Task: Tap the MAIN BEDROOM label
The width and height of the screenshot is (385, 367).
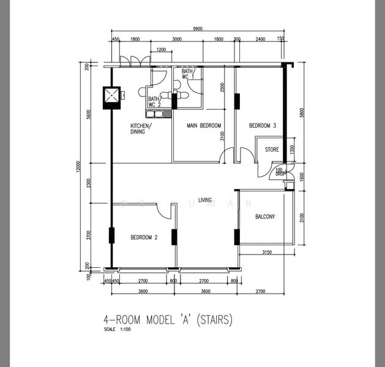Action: click(204, 125)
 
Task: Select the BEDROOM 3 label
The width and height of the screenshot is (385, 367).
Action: click(263, 125)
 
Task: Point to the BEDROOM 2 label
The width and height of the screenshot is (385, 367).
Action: click(144, 237)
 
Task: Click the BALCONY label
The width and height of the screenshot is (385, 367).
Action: click(265, 217)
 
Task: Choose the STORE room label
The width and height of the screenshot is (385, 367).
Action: click(272, 149)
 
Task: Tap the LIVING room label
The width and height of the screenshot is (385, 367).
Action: click(205, 200)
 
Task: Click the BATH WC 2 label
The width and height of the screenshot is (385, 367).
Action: click(154, 102)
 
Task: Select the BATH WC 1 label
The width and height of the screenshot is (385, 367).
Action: click(187, 74)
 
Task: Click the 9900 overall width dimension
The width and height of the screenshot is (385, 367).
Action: click(197, 29)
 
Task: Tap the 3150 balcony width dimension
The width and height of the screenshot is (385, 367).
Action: click(267, 252)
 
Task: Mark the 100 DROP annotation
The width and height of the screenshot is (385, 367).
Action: click(280, 172)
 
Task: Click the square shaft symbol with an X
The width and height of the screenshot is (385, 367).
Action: click(111, 97)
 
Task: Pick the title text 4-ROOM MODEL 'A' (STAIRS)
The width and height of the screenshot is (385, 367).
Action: click(168, 320)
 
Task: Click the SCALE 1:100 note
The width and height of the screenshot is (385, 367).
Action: click(118, 330)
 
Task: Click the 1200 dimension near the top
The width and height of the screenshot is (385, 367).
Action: click(161, 50)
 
